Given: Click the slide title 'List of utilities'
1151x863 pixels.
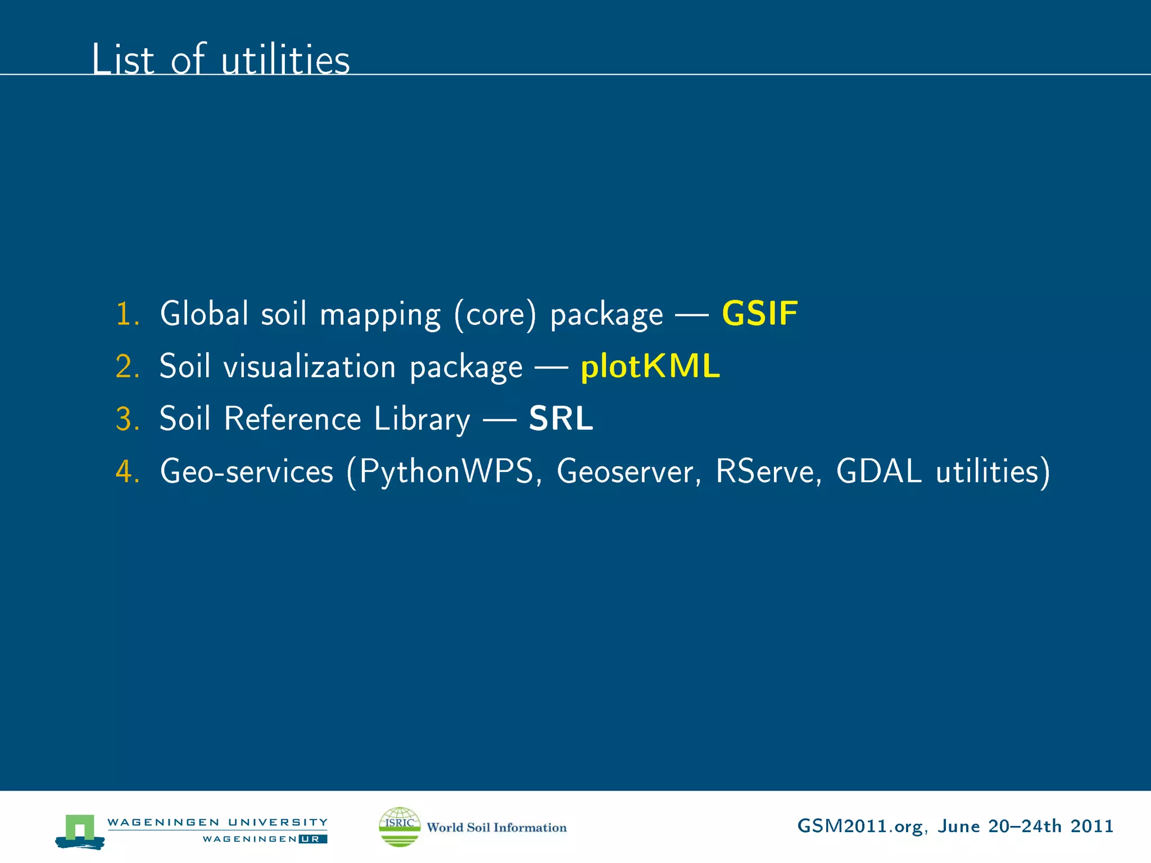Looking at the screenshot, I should pyautogui.click(x=220, y=59).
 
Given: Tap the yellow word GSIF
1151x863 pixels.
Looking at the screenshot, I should pyautogui.click(x=759, y=314).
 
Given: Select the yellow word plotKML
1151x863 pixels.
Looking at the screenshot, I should pyautogui.click(x=650, y=366).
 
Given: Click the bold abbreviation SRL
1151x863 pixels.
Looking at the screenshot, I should pyautogui.click(x=561, y=419).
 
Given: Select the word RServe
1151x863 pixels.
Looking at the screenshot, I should pyautogui.click(x=765, y=471).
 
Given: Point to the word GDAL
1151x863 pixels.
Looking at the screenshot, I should pyautogui.click(x=878, y=471).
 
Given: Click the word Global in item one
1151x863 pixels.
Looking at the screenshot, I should pyautogui.click(x=204, y=314).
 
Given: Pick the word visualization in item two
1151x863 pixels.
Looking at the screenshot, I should pyautogui.click(x=310, y=366).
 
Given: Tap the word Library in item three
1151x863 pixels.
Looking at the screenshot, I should pyautogui.click(x=422, y=420).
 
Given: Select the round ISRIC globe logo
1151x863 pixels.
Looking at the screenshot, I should pyautogui.click(x=400, y=826).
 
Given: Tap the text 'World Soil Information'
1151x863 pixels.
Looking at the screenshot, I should pyautogui.click(x=496, y=828).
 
